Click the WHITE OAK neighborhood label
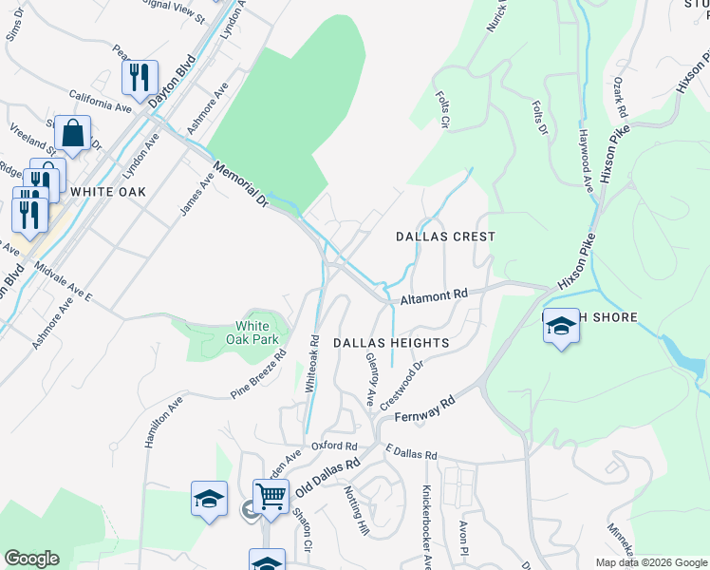(108, 191)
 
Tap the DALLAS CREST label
(446, 236)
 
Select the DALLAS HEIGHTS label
(390, 341)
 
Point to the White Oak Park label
(257, 332)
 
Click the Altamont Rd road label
(434, 297)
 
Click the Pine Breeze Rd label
(258, 376)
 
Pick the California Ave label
(99, 102)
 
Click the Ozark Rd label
(621, 97)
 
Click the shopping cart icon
(271, 497)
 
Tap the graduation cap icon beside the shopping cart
(209, 499)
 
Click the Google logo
(31, 559)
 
